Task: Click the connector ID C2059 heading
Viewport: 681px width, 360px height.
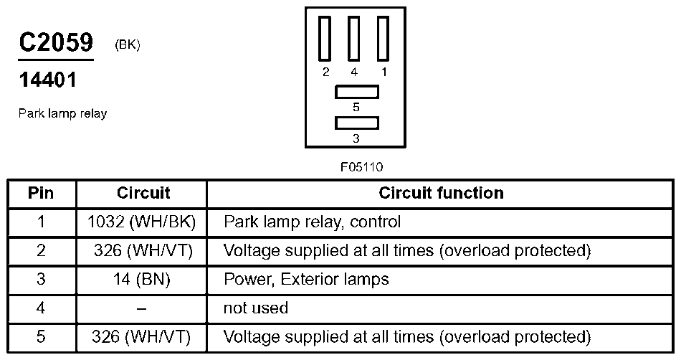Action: [x=56, y=43]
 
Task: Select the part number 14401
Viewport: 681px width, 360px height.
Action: [x=47, y=80]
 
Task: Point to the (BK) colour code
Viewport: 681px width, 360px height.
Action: [x=127, y=45]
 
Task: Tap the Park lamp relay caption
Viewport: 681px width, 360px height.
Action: [x=62, y=114]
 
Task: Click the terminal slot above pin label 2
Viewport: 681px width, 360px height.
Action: [x=326, y=38]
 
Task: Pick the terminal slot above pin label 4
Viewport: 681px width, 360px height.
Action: [x=354, y=38]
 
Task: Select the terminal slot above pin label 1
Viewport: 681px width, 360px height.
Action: [x=383, y=38]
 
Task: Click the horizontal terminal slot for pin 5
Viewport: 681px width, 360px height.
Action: [x=356, y=92]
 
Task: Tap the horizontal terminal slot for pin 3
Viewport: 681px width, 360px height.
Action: [x=356, y=123]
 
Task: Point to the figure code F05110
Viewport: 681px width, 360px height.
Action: [x=361, y=167]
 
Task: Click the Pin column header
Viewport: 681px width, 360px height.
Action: [x=41, y=193]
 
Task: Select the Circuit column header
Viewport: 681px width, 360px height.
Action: [x=143, y=193]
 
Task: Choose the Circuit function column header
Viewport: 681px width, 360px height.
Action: [x=441, y=193]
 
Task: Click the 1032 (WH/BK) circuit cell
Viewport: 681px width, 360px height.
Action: [x=142, y=222]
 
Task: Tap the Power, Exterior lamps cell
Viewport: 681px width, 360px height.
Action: [x=306, y=280]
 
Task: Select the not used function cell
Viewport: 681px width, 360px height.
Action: [x=256, y=308]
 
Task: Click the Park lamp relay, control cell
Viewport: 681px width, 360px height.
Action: [x=312, y=222]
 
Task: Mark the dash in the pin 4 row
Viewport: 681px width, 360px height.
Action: [x=142, y=308]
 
